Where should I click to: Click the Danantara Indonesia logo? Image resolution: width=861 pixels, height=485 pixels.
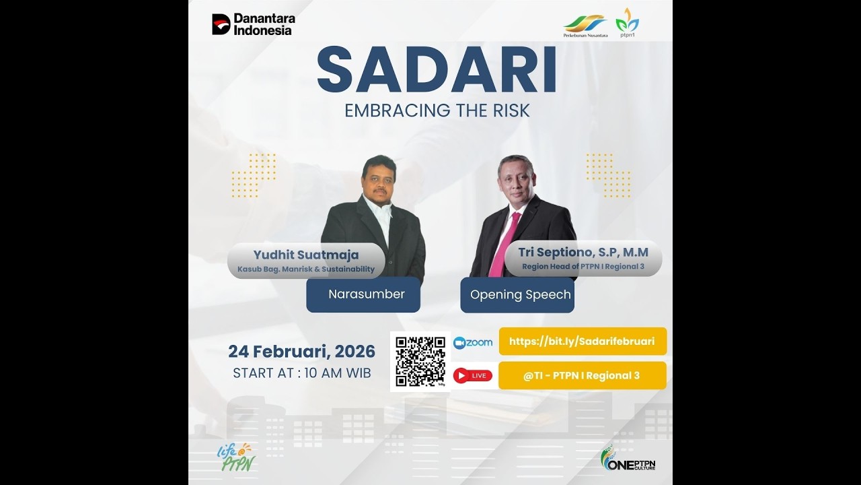tap(254, 24)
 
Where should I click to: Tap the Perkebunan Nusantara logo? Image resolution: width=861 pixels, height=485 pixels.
tap(585, 25)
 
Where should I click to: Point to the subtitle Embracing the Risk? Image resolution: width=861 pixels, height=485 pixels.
tap(437, 110)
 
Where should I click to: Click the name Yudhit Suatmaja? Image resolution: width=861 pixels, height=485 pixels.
tap(306, 255)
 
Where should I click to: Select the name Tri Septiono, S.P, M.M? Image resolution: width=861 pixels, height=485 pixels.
tap(583, 252)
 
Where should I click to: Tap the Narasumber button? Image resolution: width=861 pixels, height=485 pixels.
tap(363, 294)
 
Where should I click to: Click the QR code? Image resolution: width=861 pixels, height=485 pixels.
tap(420, 361)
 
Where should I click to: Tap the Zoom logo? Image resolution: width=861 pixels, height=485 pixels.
tap(473, 343)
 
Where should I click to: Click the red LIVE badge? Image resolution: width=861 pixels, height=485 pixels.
tap(473, 376)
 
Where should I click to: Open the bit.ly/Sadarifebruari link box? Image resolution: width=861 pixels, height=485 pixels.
tap(582, 342)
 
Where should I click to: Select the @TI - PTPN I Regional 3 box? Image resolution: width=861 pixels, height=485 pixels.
tap(582, 376)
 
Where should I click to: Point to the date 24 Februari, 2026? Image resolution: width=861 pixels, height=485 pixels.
tap(301, 352)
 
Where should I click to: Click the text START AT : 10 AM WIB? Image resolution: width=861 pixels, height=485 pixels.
tap(301, 373)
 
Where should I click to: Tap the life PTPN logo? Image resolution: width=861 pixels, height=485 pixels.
tap(235, 457)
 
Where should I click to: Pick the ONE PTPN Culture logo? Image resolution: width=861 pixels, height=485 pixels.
tap(627, 459)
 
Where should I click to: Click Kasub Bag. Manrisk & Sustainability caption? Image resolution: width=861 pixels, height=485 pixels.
tap(306, 269)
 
